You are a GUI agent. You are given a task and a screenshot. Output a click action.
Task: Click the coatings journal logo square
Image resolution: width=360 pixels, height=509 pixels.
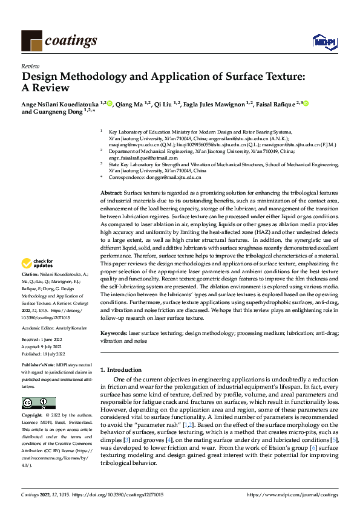coord(31,41)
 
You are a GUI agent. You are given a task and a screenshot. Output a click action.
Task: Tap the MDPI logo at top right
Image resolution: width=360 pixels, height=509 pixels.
coord(324,41)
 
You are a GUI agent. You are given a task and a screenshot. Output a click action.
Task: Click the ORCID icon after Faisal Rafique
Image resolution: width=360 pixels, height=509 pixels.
coord(306,104)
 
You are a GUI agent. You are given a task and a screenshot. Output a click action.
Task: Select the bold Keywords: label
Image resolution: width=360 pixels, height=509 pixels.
coord(114,333)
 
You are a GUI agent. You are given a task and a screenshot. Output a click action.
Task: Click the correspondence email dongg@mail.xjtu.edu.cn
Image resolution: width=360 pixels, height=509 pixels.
coord(174,178)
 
